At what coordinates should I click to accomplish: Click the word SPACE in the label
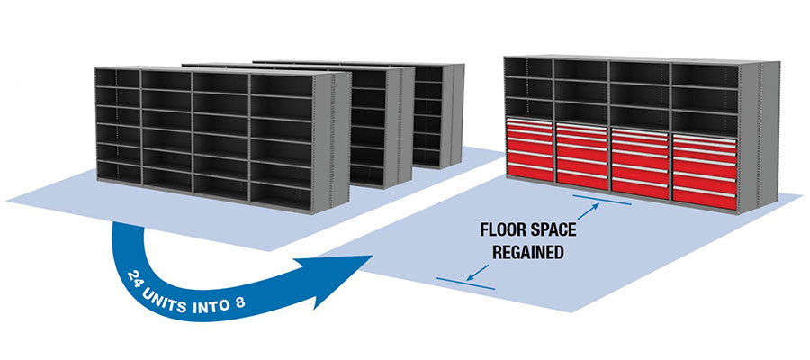click(555, 229)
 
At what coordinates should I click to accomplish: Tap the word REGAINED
click(527, 253)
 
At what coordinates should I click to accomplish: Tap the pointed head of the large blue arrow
click(341, 279)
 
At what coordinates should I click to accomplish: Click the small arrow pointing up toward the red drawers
click(588, 211)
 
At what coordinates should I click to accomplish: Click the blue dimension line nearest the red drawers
click(602, 200)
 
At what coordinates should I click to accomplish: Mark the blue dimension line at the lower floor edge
click(465, 283)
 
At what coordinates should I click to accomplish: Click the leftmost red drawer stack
click(530, 149)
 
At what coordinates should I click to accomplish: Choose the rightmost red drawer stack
click(704, 172)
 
